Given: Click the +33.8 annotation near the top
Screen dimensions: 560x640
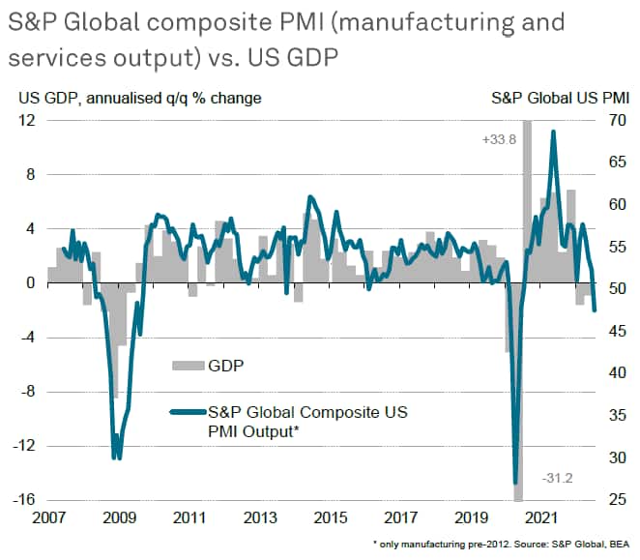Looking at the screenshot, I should click(x=498, y=140).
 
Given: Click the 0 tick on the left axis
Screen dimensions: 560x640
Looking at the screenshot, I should click(x=30, y=283).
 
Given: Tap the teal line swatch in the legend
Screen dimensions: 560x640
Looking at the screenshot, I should click(x=185, y=413).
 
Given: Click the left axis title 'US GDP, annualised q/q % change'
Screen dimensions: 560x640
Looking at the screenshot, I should click(x=138, y=97).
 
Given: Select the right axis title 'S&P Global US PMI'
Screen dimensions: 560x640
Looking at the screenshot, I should click(x=561, y=97).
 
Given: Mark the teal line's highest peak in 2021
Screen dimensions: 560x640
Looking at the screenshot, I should click(x=553, y=132).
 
